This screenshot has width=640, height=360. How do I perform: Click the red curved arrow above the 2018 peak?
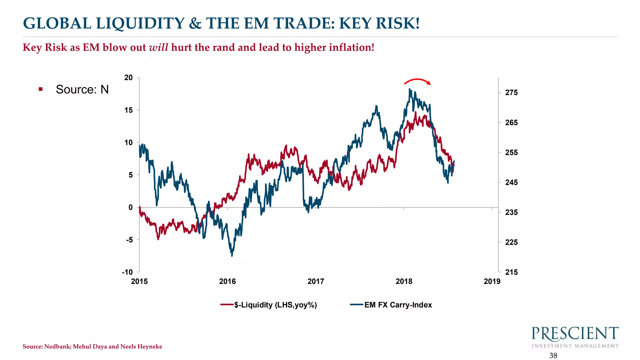pyautogui.click(x=417, y=81)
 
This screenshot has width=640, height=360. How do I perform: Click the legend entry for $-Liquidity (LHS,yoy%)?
pyautogui.click(x=275, y=305)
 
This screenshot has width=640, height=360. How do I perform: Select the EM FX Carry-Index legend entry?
pyautogui.click(x=398, y=305)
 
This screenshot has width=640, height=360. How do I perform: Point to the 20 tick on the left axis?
pyautogui.click(x=128, y=77)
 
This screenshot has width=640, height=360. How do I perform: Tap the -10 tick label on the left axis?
pyautogui.click(x=127, y=272)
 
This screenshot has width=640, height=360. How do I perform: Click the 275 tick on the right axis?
pyautogui.click(x=511, y=92)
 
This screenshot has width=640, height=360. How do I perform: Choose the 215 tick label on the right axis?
pyautogui.click(x=511, y=272)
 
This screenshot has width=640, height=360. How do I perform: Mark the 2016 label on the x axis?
pyautogui.click(x=227, y=281)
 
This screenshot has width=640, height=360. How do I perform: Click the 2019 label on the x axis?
pyautogui.click(x=492, y=281)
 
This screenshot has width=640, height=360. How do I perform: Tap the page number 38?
pyautogui.click(x=553, y=356)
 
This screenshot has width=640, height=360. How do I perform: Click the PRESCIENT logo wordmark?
pyautogui.click(x=575, y=334)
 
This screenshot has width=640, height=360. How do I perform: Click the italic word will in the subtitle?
pyautogui.click(x=158, y=47)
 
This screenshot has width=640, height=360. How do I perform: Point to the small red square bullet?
pyautogui.click(x=41, y=89)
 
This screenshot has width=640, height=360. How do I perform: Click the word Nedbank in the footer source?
pyautogui.click(x=57, y=347)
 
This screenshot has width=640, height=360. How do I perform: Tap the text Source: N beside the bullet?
pyautogui.click(x=82, y=89)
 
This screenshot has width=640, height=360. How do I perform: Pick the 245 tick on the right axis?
pyautogui.click(x=511, y=182)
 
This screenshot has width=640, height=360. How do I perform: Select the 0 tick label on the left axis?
pyautogui.click(x=130, y=207)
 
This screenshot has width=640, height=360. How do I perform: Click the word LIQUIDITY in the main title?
pyautogui.click(x=140, y=23)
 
